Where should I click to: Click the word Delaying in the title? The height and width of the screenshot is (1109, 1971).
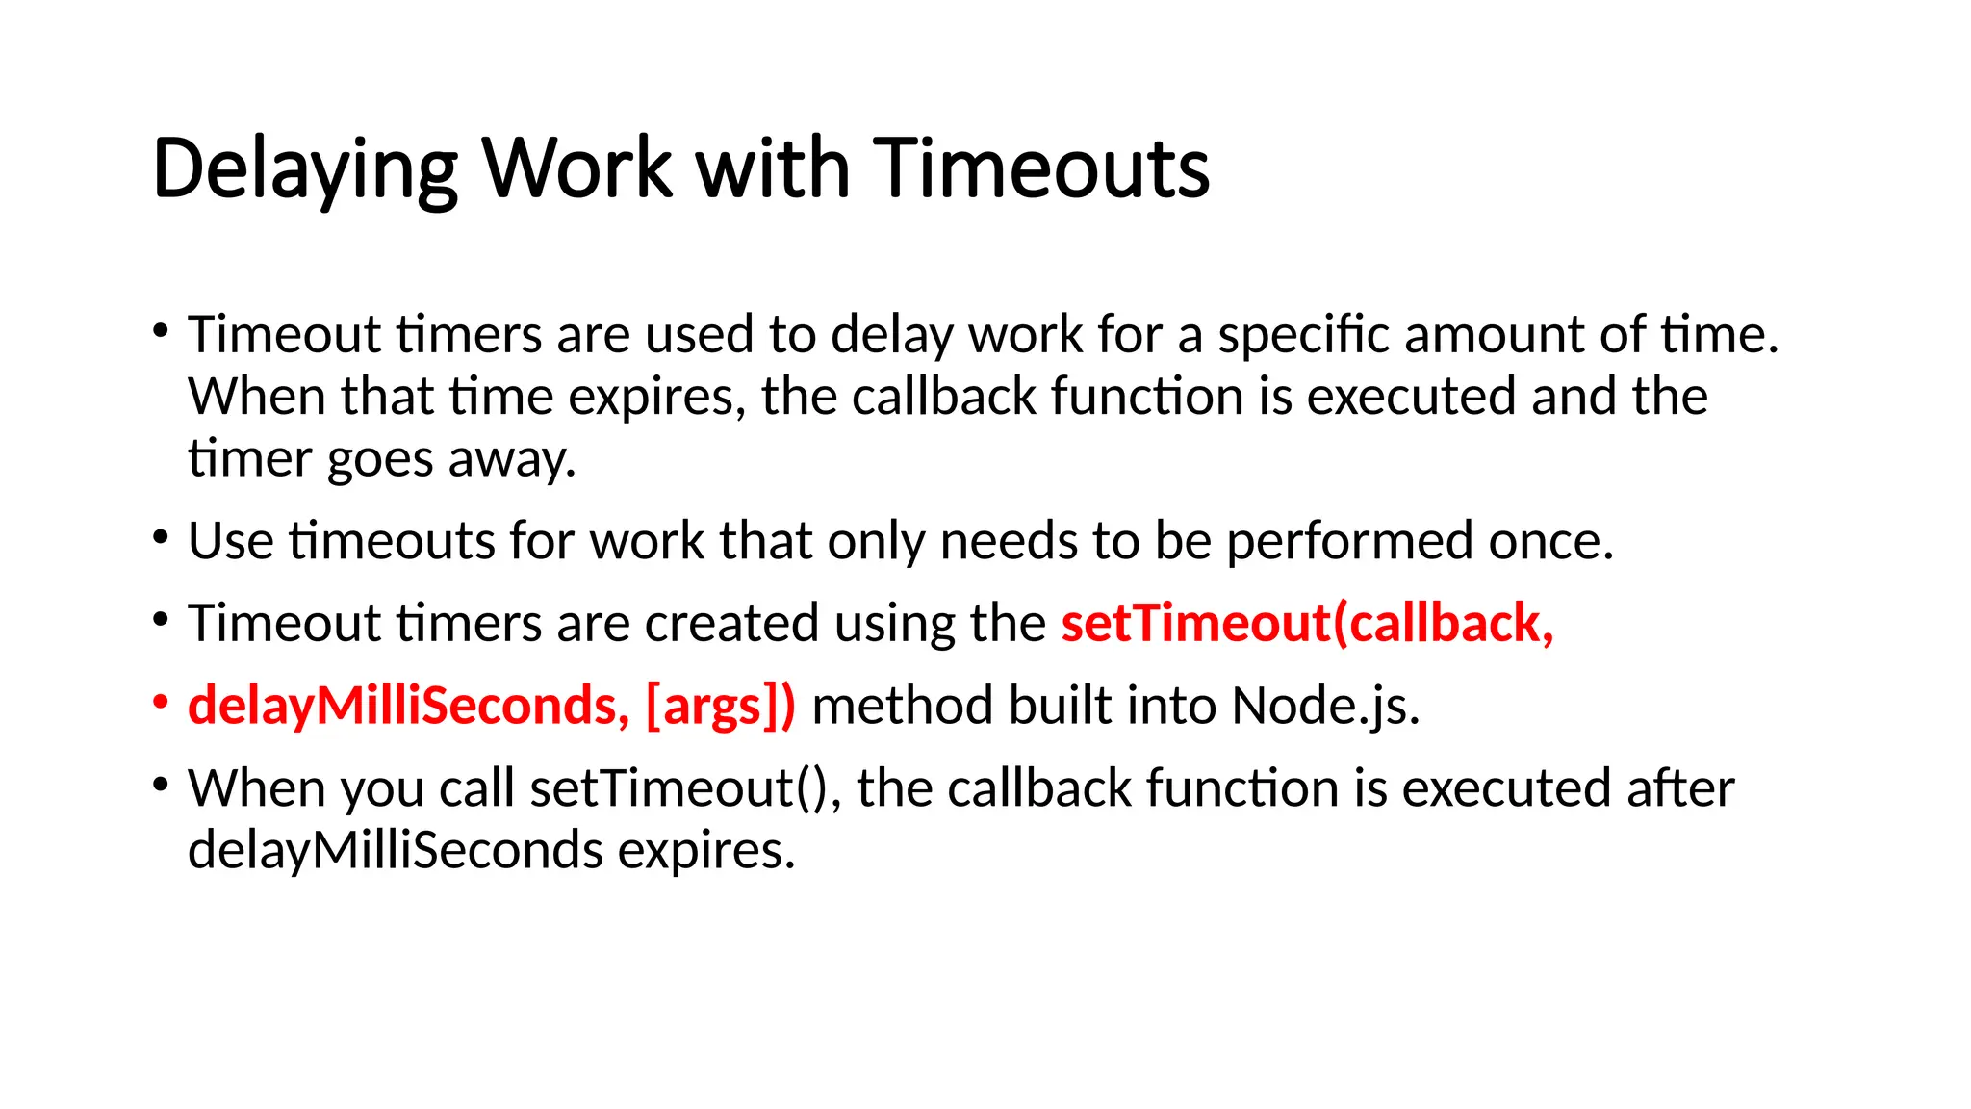click(304, 170)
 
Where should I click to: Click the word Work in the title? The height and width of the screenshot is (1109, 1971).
click(576, 168)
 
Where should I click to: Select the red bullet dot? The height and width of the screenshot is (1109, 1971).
click(161, 702)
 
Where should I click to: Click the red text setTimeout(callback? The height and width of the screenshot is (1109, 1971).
click(1307, 623)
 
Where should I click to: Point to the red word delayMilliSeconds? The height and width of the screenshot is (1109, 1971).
click(408, 706)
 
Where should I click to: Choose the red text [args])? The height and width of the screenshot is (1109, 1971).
click(721, 706)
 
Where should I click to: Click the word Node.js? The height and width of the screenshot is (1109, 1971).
click(1325, 706)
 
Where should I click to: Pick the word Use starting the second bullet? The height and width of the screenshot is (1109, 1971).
click(230, 541)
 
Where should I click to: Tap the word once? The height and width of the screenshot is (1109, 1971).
click(1550, 541)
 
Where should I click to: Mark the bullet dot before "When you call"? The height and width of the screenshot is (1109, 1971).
click(161, 785)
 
